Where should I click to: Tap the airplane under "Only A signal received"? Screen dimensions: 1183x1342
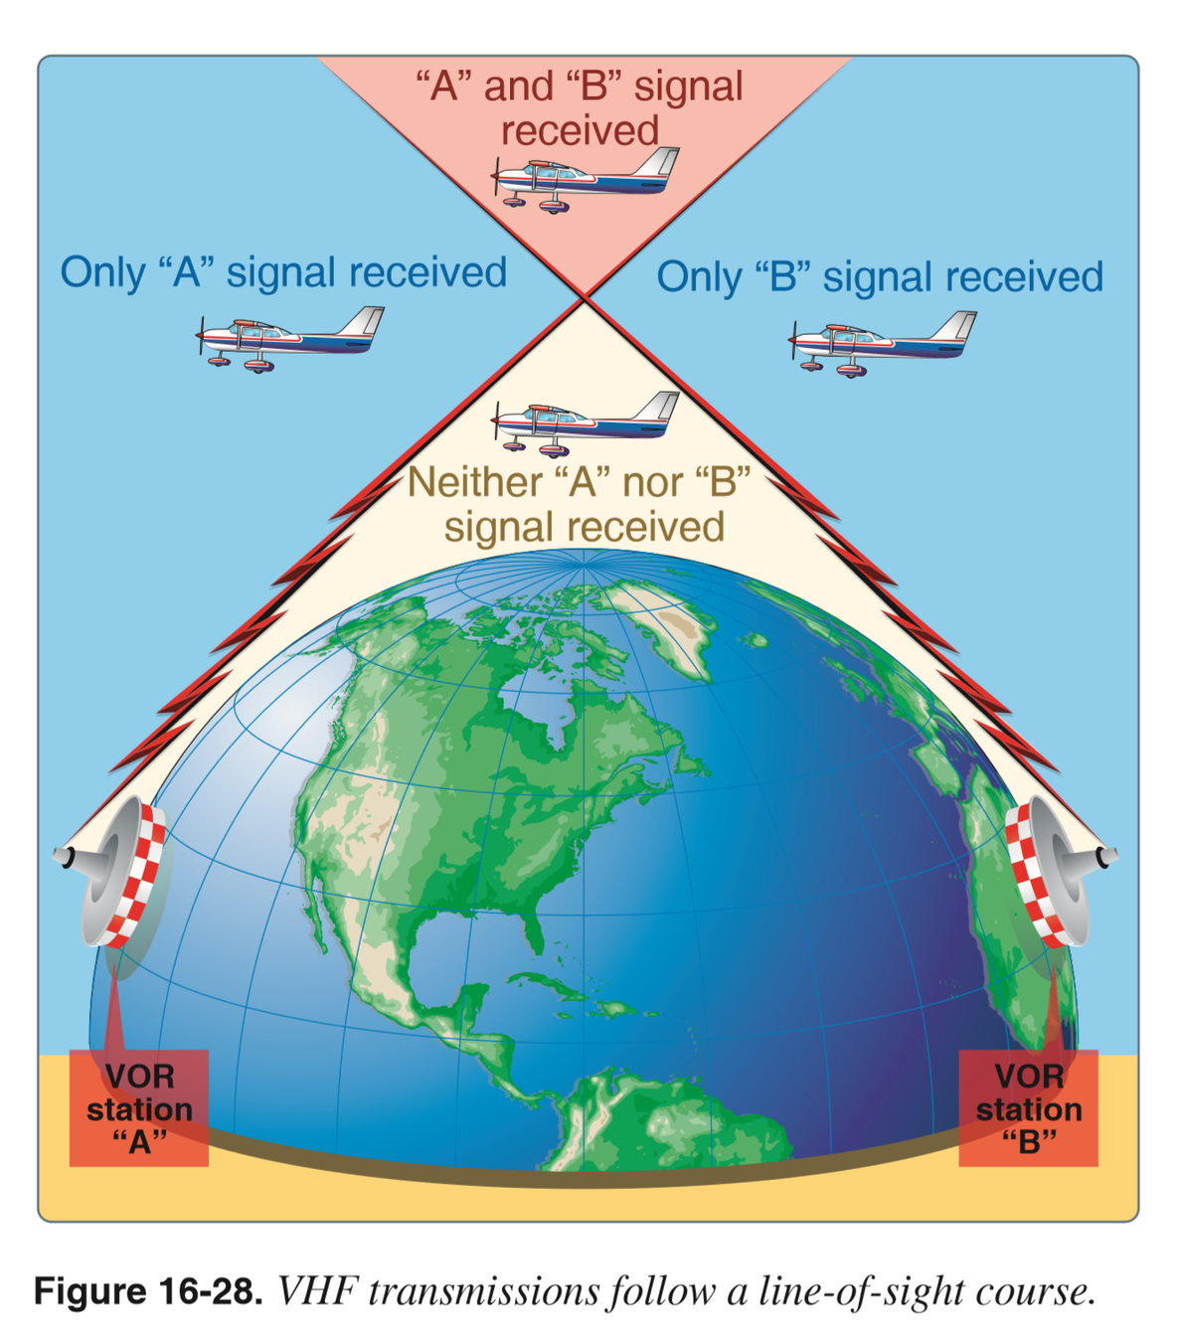tap(289, 338)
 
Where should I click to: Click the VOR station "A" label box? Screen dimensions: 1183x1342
tap(139, 1107)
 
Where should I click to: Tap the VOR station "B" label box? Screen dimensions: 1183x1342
tap(1028, 1107)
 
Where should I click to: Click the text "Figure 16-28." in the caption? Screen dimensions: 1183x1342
tap(148, 1291)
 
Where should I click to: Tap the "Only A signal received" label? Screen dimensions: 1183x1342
tap(283, 272)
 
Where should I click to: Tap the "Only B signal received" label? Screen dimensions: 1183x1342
tap(880, 277)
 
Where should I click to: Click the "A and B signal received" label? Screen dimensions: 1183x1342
tap(580, 107)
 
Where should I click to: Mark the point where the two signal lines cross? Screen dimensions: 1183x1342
tap(585, 296)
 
